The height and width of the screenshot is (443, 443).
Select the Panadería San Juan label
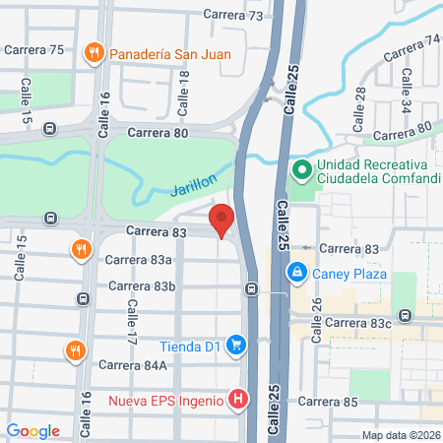click(169, 53)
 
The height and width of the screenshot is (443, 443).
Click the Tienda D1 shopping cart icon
click(236, 345)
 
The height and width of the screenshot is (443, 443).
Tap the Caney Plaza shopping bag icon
click(294, 272)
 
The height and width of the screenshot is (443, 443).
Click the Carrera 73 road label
click(233, 16)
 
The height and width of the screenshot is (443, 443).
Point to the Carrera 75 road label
click(34, 49)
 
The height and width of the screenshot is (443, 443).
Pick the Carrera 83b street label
click(142, 286)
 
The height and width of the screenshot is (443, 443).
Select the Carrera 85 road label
click(327, 402)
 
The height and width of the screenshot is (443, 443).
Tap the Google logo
click(33, 430)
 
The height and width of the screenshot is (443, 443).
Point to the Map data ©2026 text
click(400, 435)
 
